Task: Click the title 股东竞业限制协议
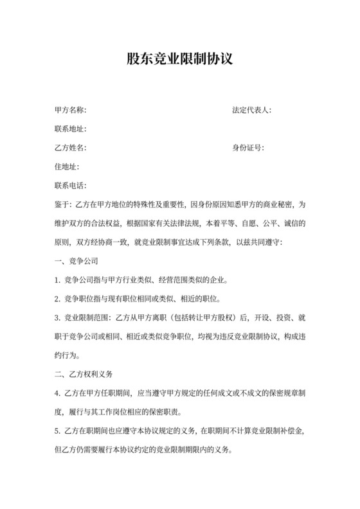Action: tap(179, 59)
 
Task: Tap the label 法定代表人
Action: tap(251, 110)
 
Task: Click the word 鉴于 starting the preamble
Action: tap(63, 205)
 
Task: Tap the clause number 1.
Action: tap(59, 281)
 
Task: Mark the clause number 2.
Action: tap(59, 299)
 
